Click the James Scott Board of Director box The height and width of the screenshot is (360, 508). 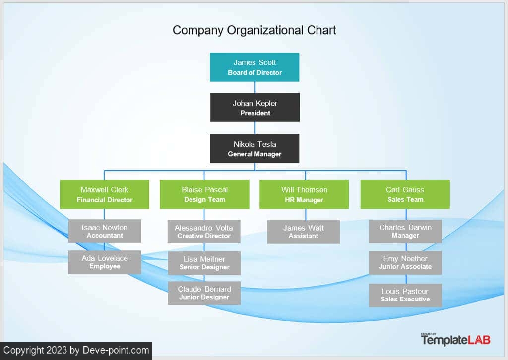(254, 67)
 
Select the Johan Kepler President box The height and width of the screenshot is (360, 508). (255, 107)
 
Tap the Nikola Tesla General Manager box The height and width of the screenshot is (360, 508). (254, 148)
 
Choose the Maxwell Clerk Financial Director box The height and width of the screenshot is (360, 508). (105, 194)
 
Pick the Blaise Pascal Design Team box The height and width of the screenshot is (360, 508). (204, 194)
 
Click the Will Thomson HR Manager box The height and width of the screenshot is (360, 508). (304, 194)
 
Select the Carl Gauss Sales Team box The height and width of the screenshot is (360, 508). (405, 194)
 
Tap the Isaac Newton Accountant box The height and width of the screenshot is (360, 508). (105, 231)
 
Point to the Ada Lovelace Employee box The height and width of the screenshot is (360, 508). (105, 262)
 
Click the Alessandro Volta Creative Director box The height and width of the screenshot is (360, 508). (204, 232)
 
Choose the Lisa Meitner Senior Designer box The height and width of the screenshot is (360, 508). (204, 263)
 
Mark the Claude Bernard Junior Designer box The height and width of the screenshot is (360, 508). (204, 293)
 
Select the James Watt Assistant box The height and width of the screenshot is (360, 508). (304, 232)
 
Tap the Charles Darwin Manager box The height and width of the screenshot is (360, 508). (405, 231)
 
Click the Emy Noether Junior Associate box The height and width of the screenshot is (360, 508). (405, 262)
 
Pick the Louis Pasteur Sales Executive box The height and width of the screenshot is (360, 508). (405, 295)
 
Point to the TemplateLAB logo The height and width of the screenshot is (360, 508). (455, 339)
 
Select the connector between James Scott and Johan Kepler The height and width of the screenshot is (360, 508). (255, 87)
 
